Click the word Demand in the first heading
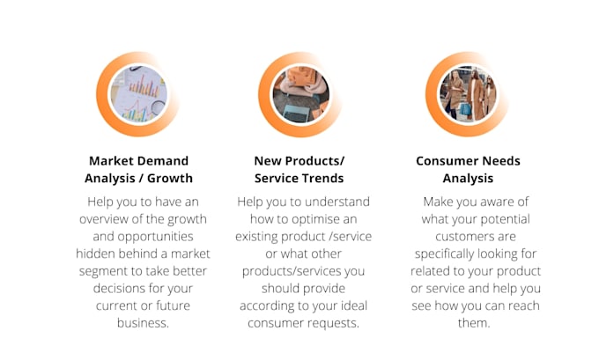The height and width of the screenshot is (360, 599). coord(167,161)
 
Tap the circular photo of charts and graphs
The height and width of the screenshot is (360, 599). coord(138,93)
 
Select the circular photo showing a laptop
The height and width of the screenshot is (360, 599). coord(299,93)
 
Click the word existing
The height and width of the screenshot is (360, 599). coord(262,237)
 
